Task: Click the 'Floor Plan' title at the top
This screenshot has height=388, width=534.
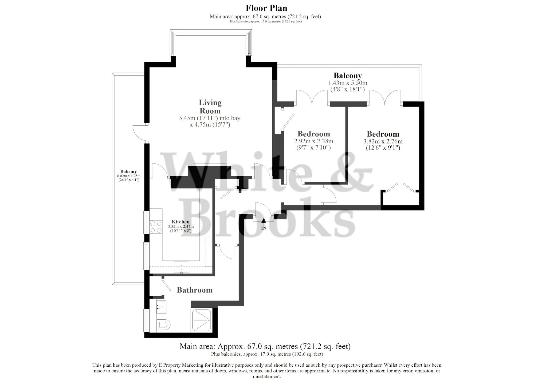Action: (x=266, y=8)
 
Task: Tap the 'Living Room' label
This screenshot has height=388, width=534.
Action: (x=210, y=106)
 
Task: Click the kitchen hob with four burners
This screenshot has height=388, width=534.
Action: (x=156, y=227)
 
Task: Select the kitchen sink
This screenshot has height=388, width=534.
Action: (x=182, y=267)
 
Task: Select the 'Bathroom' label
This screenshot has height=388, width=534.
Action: (x=195, y=290)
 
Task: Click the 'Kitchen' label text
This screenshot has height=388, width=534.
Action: (x=180, y=221)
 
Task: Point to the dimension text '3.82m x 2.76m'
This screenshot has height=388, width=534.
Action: (x=383, y=141)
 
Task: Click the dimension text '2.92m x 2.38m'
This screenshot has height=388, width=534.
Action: (x=313, y=141)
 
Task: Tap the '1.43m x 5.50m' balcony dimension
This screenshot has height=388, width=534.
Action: (x=347, y=83)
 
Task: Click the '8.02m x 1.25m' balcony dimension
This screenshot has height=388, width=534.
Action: (x=128, y=176)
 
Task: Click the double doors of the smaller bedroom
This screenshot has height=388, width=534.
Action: (x=312, y=97)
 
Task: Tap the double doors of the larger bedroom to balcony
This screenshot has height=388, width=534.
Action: (x=385, y=97)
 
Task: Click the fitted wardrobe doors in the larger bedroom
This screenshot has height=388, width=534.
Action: (x=400, y=188)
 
